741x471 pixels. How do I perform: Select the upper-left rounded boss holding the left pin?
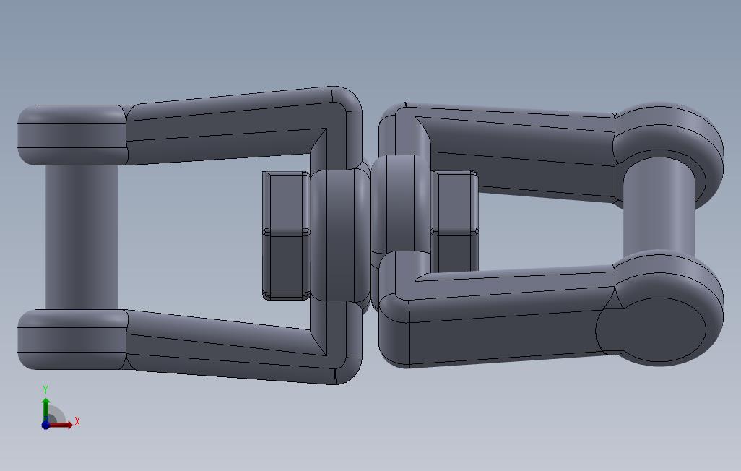click(x=71, y=134)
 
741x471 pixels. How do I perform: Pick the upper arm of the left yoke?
click(x=224, y=123)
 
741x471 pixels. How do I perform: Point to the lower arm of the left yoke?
click(x=224, y=345)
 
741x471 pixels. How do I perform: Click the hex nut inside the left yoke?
click(x=286, y=236)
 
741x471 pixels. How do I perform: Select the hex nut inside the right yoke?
click(x=454, y=224)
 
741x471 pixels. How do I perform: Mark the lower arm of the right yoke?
click(x=506, y=325)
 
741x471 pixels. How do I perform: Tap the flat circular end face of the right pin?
click(x=650, y=331)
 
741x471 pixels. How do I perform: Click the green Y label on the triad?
click(x=45, y=390)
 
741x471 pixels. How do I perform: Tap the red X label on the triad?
click(x=77, y=421)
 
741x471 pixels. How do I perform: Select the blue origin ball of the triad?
click(x=45, y=425)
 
